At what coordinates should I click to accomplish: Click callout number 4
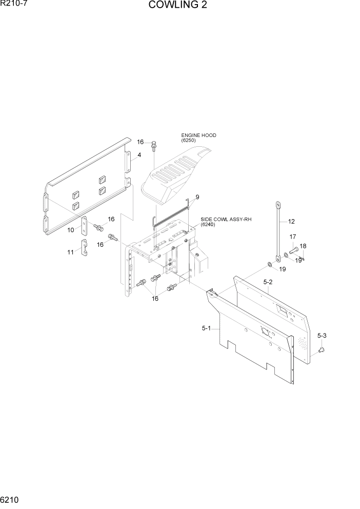click(x=139, y=155)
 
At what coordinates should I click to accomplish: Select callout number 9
click(x=197, y=197)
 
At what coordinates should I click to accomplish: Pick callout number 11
click(x=71, y=252)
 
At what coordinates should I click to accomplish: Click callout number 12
click(x=291, y=222)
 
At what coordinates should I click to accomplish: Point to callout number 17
click(x=293, y=237)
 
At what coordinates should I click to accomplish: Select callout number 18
click(x=303, y=246)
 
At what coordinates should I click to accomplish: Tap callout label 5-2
click(x=268, y=282)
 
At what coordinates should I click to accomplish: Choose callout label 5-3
click(x=322, y=336)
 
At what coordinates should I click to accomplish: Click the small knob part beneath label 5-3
click(x=322, y=350)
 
